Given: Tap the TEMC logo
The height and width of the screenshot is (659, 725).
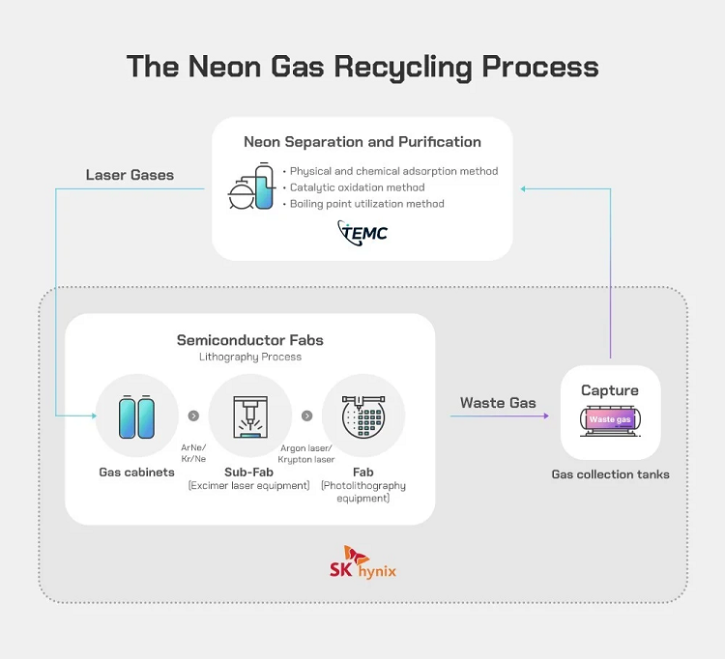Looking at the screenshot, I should click(x=362, y=232).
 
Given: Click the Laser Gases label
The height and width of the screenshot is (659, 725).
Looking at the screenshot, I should click(x=130, y=175).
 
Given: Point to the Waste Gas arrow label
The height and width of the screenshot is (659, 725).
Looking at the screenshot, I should click(x=498, y=402).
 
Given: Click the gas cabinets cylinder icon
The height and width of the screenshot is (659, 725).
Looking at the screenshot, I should click(x=136, y=416).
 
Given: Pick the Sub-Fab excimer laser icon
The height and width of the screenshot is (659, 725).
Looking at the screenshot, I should click(x=250, y=416).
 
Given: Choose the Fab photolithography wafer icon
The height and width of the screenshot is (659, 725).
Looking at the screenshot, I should click(x=363, y=416).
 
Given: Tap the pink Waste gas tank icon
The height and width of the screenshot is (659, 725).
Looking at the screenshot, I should click(x=610, y=420).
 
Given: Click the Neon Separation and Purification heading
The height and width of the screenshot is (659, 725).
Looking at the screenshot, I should click(x=362, y=142).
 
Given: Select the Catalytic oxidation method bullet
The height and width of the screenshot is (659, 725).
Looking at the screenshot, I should click(x=357, y=187).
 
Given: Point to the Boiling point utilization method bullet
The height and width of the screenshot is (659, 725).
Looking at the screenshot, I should click(x=366, y=204).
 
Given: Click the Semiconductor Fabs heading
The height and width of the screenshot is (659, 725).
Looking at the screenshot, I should click(x=249, y=340).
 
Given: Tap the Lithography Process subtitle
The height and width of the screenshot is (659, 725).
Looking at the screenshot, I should click(x=249, y=357).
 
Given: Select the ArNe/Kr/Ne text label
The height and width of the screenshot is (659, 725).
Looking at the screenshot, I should click(x=193, y=453).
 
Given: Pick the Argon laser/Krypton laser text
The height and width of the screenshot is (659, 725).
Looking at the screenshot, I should click(x=306, y=453).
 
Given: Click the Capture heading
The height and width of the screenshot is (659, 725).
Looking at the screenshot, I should click(x=610, y=390).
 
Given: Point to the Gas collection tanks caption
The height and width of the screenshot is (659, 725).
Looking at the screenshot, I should click(x=610, y=474).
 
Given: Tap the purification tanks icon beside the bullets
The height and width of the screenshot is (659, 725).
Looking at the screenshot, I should click(x=250, y=186).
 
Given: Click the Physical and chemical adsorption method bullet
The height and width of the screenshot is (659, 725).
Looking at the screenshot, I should click(x=393, y=171).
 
